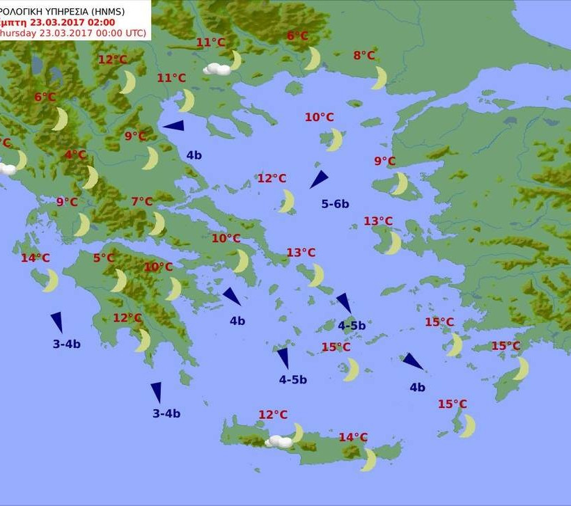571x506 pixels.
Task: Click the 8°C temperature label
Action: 364,56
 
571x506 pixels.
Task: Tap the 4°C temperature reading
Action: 76,155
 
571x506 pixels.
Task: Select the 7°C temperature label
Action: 142,202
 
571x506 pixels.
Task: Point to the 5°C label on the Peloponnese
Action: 104,258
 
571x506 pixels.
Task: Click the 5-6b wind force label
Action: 335,204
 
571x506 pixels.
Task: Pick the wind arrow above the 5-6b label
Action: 319,180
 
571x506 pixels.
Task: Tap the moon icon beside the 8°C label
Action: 380,77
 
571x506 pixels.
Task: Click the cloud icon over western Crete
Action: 279,441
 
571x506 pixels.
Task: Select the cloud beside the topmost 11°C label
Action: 217,68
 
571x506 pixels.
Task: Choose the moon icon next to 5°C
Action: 120,280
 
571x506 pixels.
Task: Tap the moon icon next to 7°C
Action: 158,223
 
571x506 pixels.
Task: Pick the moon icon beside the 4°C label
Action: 91,177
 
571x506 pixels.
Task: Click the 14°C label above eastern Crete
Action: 353,437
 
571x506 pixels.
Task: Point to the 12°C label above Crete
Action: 273,415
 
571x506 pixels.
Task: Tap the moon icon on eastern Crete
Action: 369,459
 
